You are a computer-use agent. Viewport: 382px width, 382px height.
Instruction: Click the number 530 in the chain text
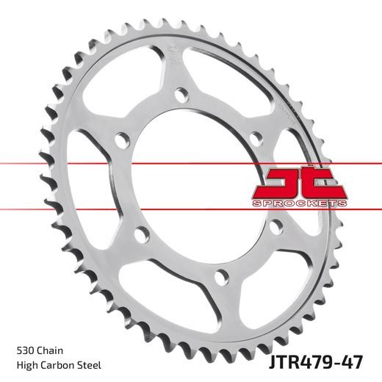pos(23,348)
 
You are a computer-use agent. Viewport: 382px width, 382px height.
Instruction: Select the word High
pos(25,364)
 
